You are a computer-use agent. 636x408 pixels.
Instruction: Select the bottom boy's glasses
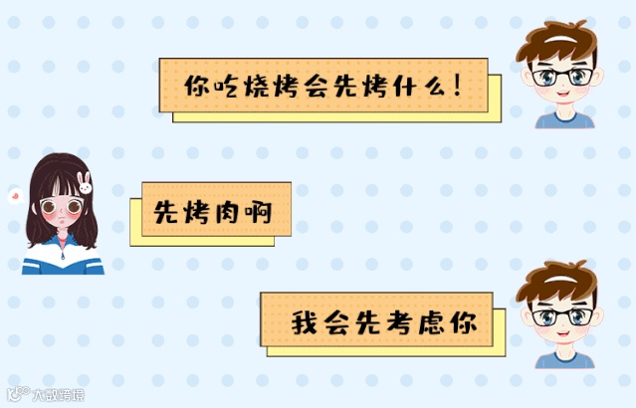(x=557, y=317)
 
